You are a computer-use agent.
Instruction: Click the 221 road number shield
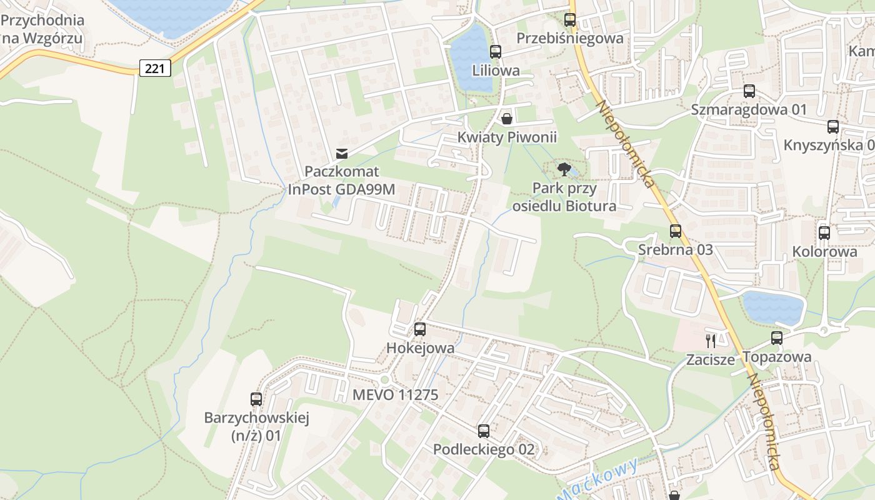[x=154, y=68]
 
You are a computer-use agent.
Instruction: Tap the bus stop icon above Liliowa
[x=496, y=52]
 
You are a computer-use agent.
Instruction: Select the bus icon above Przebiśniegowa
[x=570, y=19]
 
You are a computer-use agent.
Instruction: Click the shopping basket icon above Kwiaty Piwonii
[x=506, y=118]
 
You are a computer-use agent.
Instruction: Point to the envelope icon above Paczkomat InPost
[x=341, y=153]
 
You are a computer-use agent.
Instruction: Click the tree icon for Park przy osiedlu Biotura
[x=564, y=169]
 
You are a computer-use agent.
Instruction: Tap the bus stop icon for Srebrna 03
[x=675, y=231]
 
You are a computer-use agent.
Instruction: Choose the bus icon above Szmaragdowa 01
[x=749, y=91]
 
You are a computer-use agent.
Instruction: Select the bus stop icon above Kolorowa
[x=824, y=233]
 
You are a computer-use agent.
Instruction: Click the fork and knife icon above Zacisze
[x=710, y=341]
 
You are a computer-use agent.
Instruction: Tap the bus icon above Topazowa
[x=777, y=338]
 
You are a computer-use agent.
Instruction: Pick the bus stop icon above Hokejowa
[x=420, y=329]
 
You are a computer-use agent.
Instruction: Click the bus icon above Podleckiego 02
[x=484, y=431]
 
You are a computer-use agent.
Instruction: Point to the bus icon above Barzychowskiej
[x=256, y=399]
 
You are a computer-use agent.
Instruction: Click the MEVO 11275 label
[x=395, y=395]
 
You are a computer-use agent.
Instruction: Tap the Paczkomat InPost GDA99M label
[x=341, y=180]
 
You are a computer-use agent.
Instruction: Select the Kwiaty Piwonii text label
[x=507, y=137]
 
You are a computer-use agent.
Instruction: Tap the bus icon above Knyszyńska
[x=833, y=127]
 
